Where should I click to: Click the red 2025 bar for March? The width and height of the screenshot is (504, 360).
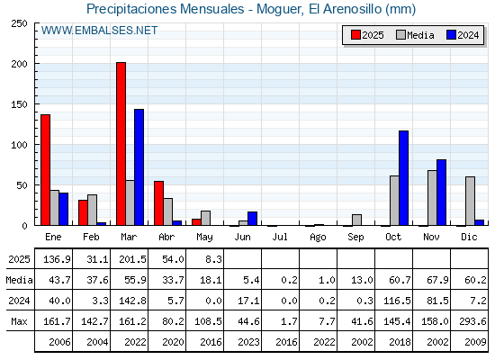[x=121, y=144]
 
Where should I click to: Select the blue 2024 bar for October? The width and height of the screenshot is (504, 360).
[x=404, y=178]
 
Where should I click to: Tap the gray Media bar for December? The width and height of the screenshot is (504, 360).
[x=470, y=201]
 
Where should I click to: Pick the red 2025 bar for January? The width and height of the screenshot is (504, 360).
[x=45, y=170]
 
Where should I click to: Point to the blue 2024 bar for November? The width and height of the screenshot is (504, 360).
[x=441, y=193]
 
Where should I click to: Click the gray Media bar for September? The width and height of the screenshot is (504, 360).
[x=356, y=220]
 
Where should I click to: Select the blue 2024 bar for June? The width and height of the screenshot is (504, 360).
[x=252, y=219]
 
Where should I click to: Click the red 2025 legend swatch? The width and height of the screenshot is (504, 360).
[x=355, y=35]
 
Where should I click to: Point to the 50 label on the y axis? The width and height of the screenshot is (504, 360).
[x=22, y=185]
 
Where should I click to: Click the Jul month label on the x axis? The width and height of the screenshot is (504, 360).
[x=280, y=237]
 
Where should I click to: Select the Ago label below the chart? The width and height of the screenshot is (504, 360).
[x=318, y=238]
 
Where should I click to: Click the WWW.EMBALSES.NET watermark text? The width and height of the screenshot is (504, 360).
[x=99, y=31]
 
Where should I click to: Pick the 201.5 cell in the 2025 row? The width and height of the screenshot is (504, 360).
[x=132, y=259]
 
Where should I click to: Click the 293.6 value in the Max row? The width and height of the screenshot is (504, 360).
[x=472, y=321]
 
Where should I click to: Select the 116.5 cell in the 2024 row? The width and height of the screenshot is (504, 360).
[x=397, y=301]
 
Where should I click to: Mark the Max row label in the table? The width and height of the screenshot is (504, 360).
[x=19, y=321]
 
